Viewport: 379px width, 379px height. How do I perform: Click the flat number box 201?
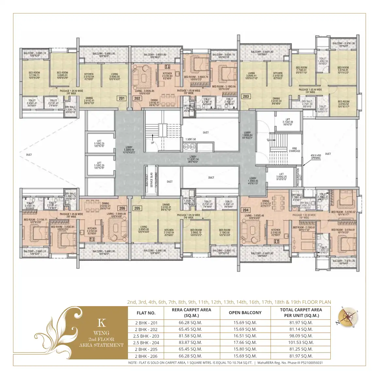[122, 98]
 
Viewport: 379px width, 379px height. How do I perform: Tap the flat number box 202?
[137, 98]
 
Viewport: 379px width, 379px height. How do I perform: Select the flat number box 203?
[246, 96]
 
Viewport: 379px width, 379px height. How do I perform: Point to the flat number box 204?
[245, 210]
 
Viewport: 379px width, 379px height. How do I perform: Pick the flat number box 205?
[137, 208]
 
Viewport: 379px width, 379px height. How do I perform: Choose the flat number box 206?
[122, 208]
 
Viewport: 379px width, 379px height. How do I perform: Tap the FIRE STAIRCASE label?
[294, 150]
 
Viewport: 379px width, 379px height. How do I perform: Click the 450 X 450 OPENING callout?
[316, 157]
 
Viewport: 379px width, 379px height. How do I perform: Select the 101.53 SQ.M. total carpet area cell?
[300, 342]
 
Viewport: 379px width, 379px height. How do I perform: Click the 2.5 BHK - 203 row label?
[146, 336]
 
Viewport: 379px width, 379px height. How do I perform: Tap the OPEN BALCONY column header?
[245, 313]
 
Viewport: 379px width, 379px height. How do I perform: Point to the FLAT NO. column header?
[146, 313]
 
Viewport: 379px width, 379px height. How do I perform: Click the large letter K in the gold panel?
[102, 323]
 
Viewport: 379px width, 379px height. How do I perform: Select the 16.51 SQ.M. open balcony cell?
[245, 336]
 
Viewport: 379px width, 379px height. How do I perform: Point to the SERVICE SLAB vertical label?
[151, 180]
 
